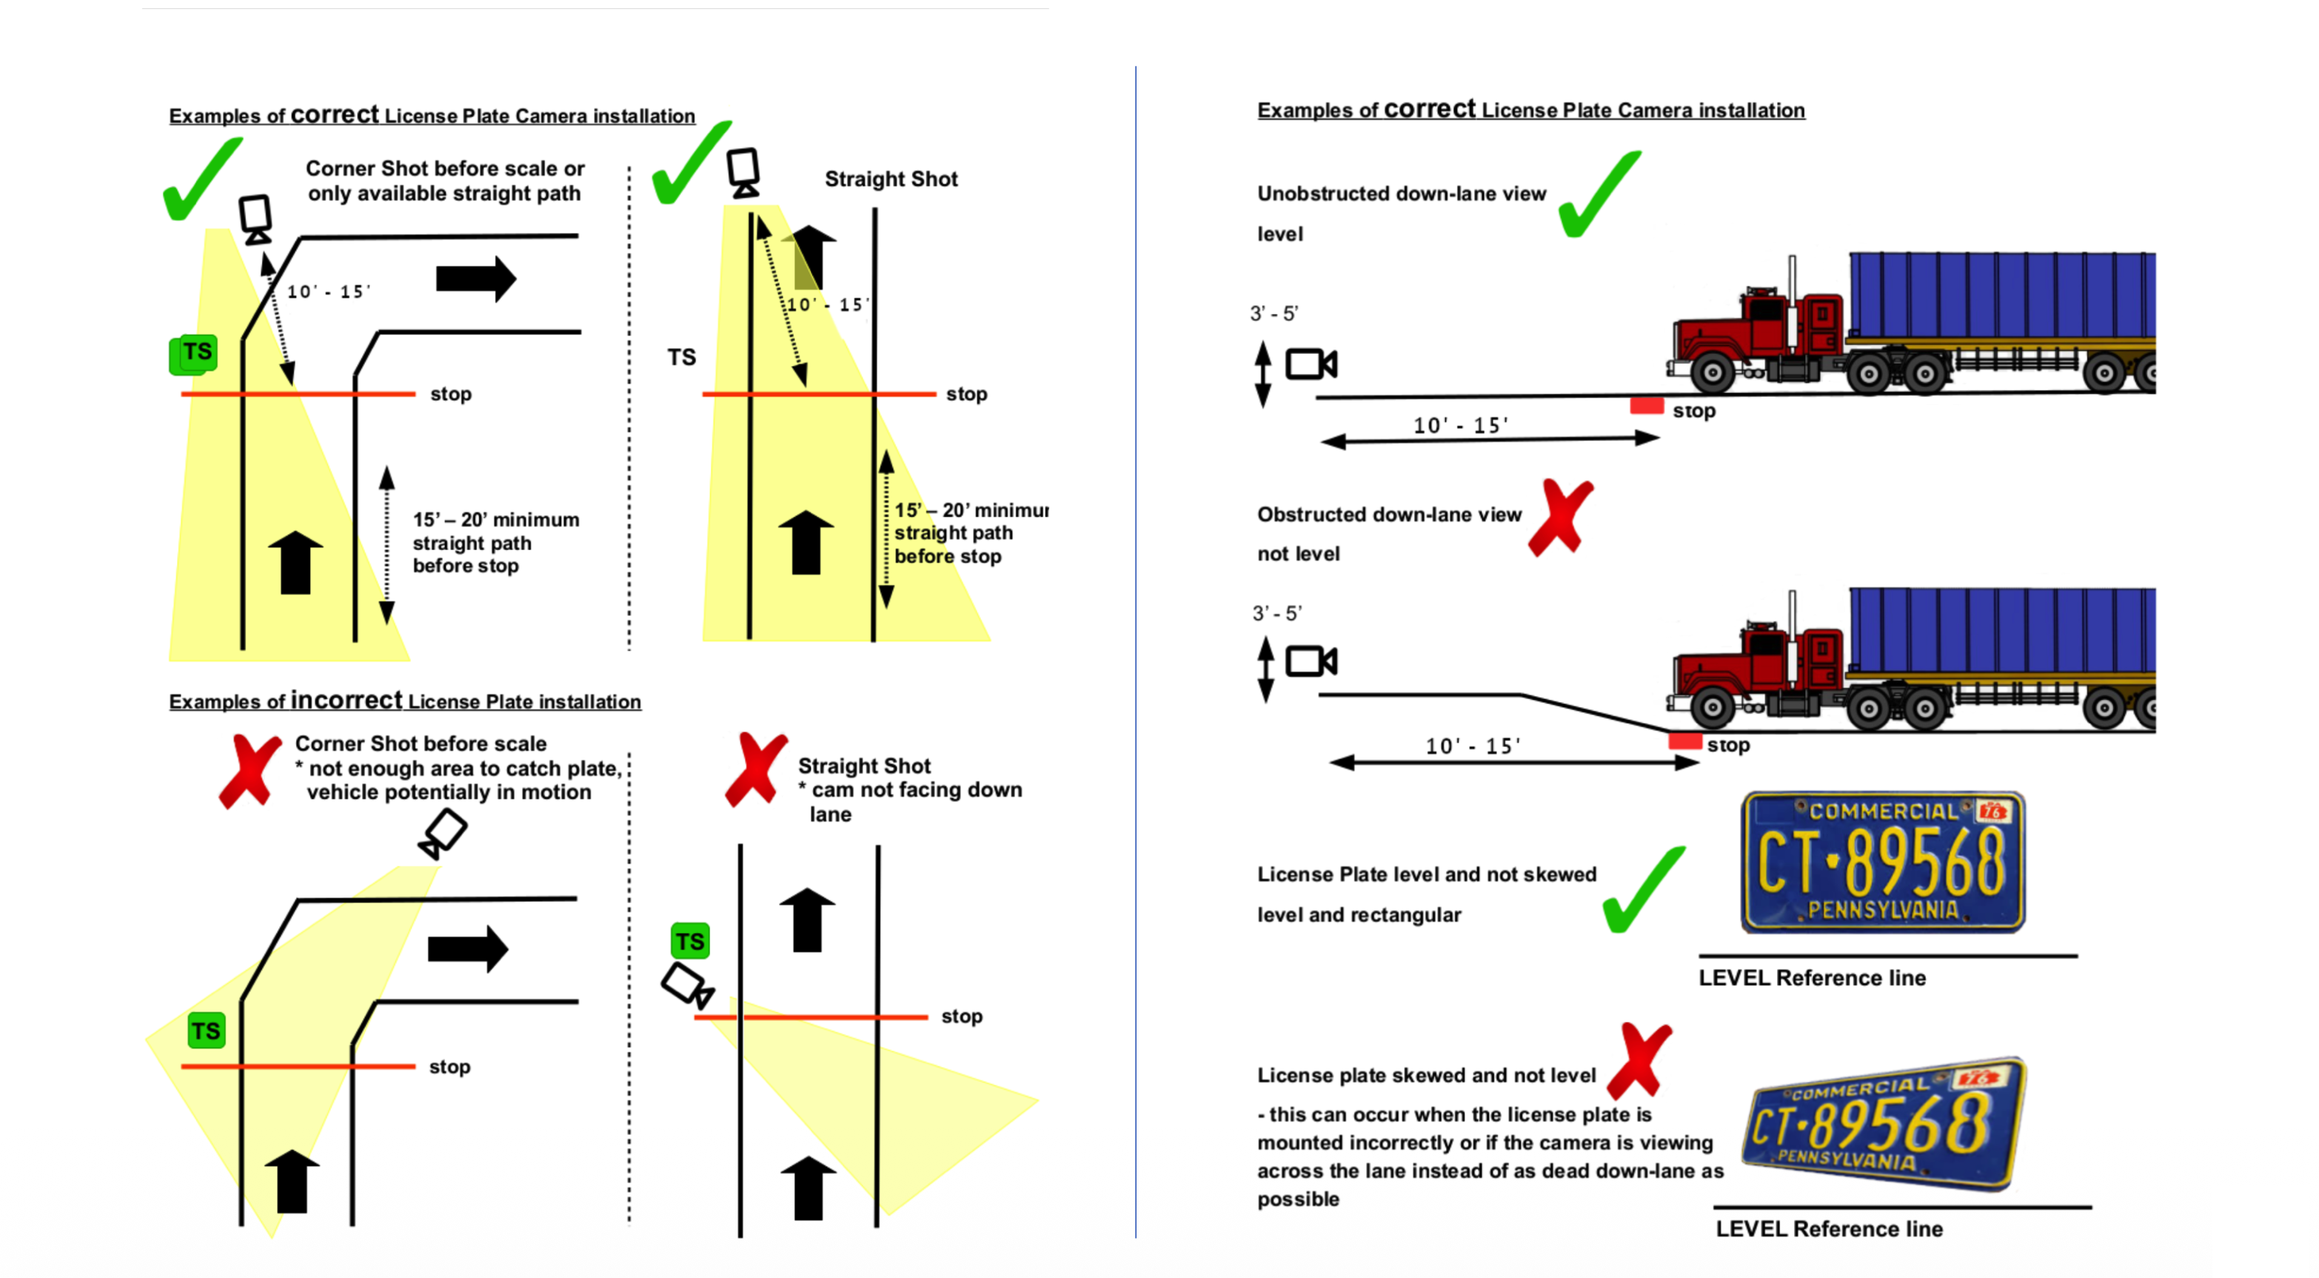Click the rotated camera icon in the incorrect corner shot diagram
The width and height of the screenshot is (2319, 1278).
click(x=442, y=834)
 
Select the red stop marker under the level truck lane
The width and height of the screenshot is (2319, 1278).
click(x=1647, y=407)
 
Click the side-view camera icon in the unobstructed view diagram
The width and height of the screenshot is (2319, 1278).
click(x=1311, y=364)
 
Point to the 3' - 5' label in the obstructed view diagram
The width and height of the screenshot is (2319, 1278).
click(x=1276, y=614)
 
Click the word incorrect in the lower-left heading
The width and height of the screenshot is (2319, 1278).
click(x=347, y=700)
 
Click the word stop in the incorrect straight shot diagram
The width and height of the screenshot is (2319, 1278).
click(x=962, y=1016)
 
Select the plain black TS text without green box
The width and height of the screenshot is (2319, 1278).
click(x=681, y=358)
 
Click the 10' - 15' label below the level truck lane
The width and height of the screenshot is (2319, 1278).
click(x=1460, y=425)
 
